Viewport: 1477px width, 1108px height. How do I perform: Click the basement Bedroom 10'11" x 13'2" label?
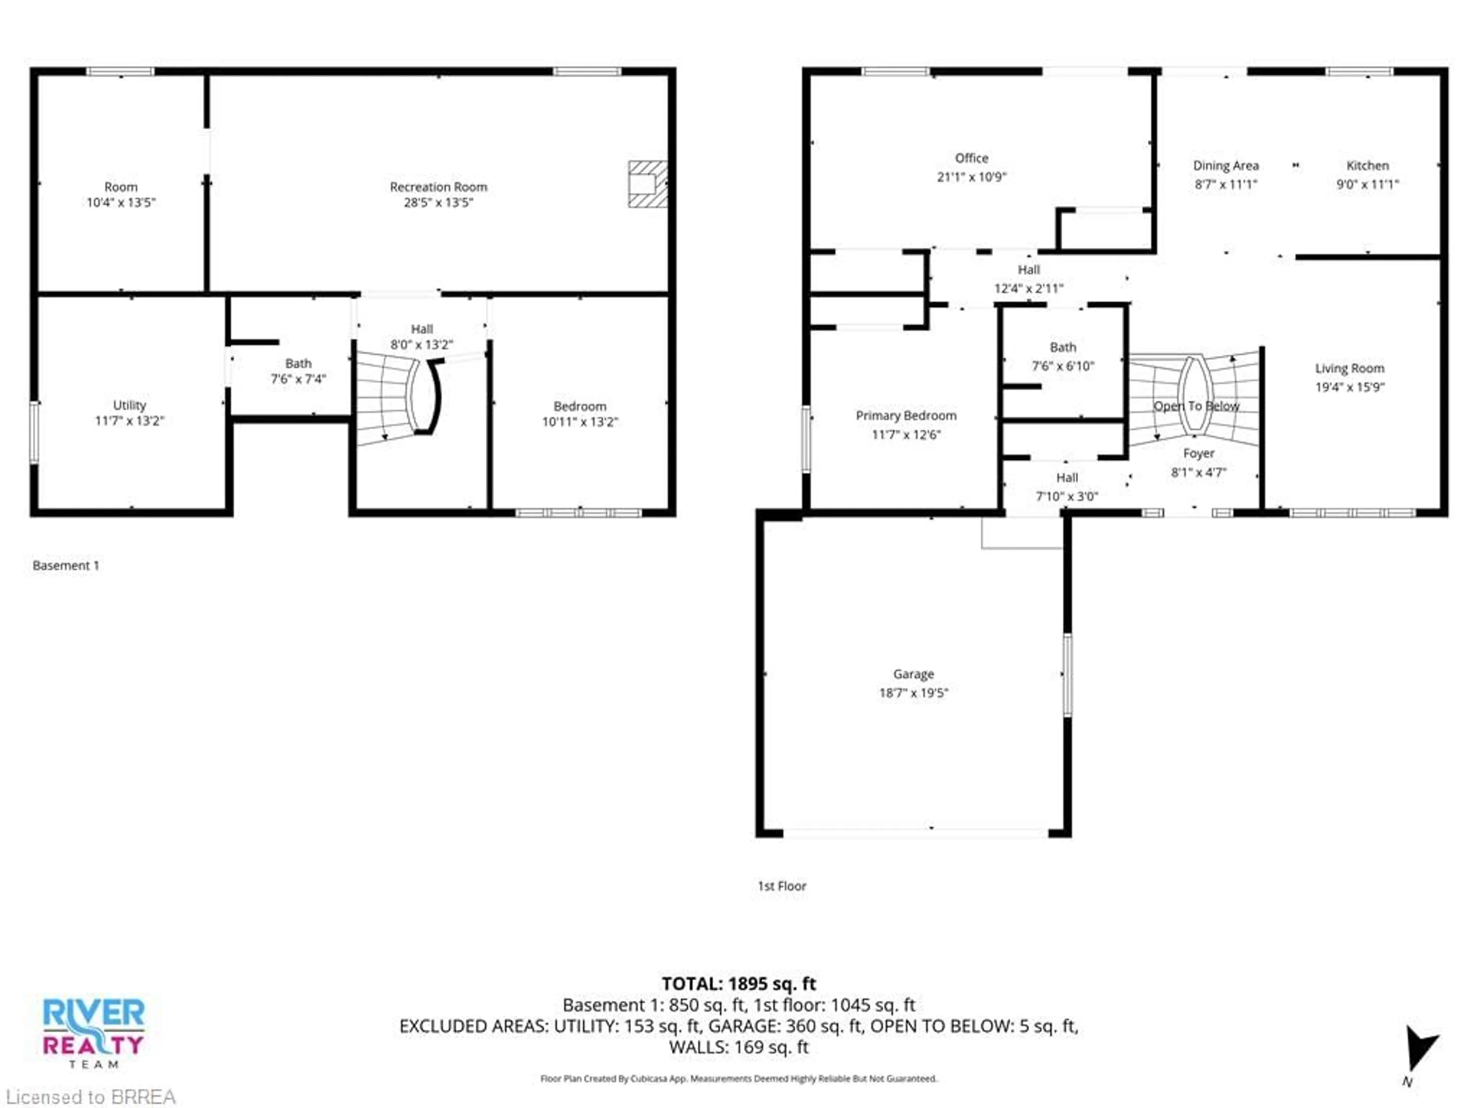point(580,414)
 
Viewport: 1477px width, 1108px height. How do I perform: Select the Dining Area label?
point(1225,166)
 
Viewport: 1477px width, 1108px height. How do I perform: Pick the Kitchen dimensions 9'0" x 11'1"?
point(1367,184)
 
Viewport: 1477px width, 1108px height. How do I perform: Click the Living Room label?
point(1349,369)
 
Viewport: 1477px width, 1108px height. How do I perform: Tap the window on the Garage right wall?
point(1067,674)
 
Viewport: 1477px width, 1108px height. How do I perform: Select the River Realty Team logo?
point(93,1032)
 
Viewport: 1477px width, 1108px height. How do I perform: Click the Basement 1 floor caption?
point(65,566)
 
